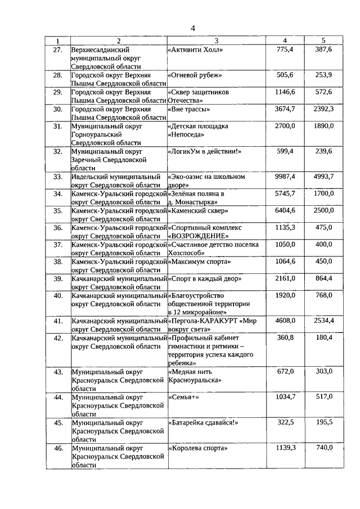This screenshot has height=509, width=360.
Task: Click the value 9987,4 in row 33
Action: coord(285,177)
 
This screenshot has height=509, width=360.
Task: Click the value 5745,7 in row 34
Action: coord(285,193)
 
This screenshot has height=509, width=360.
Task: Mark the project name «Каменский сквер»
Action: coord(197,210)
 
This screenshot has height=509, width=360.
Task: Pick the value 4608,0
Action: coord(285,320)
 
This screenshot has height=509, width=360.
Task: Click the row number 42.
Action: coord(57,337)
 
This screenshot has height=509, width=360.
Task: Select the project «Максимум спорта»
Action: coord(199,262)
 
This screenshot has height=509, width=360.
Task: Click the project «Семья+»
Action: coord(183,397)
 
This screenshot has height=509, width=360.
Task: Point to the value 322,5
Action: coord(286,422)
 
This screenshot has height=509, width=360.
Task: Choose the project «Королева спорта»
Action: coord(197,448)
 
